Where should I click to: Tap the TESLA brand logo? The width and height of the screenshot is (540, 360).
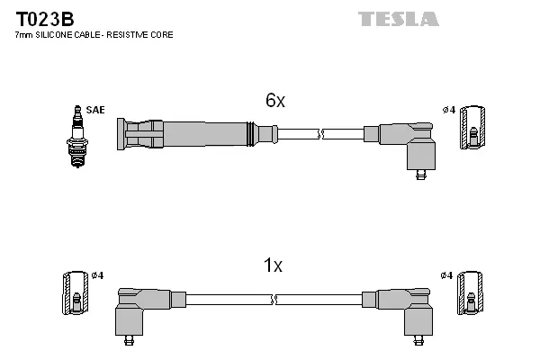(398, 19)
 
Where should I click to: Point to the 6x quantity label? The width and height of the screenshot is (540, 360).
(274, 102)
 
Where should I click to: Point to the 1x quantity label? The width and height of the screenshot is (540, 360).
(273, 265)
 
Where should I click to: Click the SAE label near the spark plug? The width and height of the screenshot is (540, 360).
(96, 110)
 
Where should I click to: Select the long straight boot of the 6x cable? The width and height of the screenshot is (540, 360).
(189, 135)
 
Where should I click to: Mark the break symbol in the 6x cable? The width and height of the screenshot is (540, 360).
(321, 135)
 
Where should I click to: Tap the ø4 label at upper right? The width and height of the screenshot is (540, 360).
(449, 110)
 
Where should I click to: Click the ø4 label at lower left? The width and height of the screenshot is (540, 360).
(97, 274)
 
